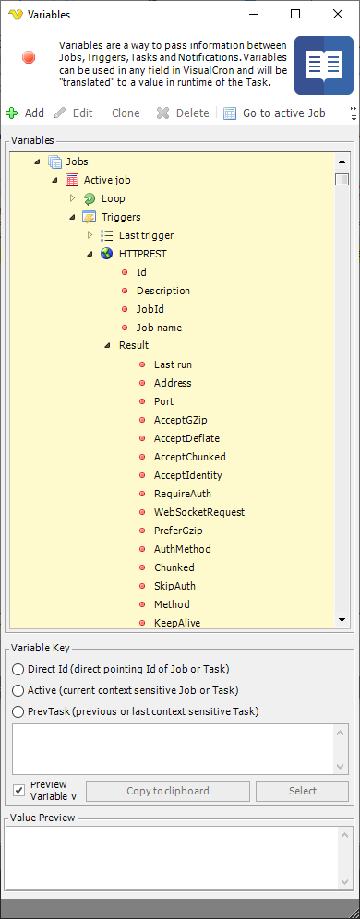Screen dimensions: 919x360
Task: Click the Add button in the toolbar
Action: point(25,113)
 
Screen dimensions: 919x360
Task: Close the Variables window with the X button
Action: point(337,14)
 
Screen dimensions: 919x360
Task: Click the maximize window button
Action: point(295,14)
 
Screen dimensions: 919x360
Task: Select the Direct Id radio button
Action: point(18,668)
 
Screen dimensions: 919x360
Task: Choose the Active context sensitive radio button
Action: point(18,689)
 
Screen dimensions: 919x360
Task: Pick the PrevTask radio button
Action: point(18,710)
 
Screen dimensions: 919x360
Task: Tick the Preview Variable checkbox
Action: point(18,790)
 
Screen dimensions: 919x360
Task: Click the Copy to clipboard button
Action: point(168,791)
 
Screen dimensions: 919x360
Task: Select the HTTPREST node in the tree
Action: point(142,254)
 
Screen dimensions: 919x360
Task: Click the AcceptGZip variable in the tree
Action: point(179,420)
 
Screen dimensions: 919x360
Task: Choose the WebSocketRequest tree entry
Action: point(198,512)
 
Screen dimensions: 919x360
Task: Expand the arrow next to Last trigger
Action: point(90,235)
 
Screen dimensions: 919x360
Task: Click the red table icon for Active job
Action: point(72,180)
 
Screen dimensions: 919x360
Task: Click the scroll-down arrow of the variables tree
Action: point(341,620)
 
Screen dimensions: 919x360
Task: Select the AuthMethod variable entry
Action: point(182,549)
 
